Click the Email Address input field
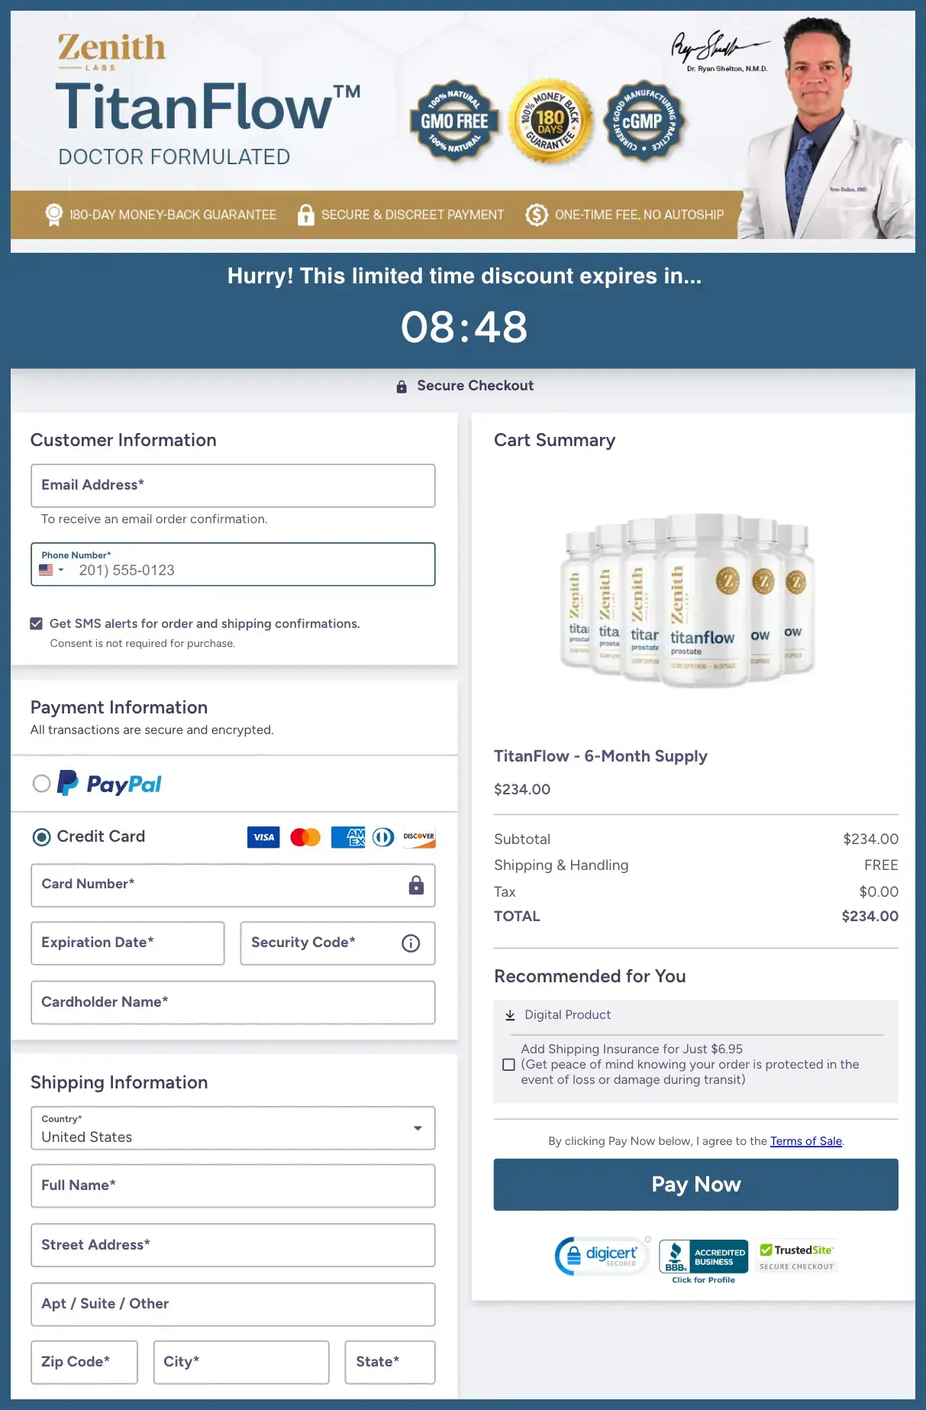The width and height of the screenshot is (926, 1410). (x=233, y=486)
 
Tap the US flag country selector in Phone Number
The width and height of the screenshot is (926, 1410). (x=51, y=570)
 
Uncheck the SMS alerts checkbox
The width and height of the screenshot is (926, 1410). (x=37, y=623)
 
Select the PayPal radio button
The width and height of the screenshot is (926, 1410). (x=42, y=784)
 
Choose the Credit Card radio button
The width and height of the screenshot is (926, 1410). (x=42, y=837)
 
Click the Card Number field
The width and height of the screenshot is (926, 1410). (x=221, y=884)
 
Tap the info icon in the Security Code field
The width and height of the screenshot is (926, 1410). (x=411, y=943)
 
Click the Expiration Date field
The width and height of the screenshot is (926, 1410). (x=127, y=943)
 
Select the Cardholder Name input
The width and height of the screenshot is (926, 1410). (x=233, y=1002)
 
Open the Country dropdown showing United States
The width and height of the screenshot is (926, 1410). (x=233, y=1128)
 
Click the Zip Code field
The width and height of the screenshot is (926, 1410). (x=84, y=1362)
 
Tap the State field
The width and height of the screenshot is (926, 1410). (x=389, y=1362)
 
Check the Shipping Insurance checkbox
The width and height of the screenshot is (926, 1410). (x=509, y=1065)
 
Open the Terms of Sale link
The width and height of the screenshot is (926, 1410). (x=805, y=1141)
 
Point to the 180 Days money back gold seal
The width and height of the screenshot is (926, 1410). (x=550, y=121)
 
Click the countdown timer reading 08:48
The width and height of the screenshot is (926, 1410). (x=463, y=327)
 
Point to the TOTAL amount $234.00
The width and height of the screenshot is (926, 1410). (x=870, y=916)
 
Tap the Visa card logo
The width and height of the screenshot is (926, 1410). (x=263, y=837)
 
